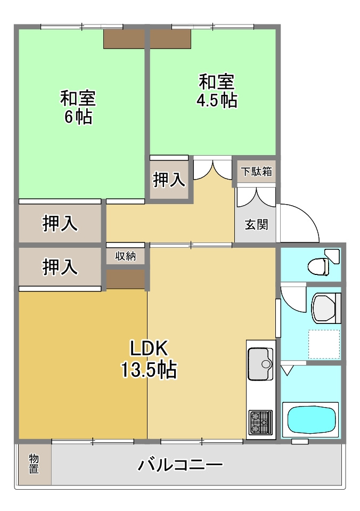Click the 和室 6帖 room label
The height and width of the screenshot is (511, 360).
pyautogui.click(x=77, y=107)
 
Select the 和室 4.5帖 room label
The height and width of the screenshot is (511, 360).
pyautogui.click(x=217, y=91)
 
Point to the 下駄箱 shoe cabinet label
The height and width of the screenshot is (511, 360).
pyautogui.click(x=256, y=172)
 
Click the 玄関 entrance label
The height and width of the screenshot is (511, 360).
pyautogui.click(x=256, y=224)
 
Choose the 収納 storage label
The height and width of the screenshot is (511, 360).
pyautogui.click(x=126, y=256)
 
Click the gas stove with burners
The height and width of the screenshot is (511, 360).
pyautogui.click(x=260, y=423)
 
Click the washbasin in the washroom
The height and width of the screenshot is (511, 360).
pyautogui.click(x=325, y=309)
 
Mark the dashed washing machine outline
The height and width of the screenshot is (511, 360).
pyautogui.click(x=324, y=344)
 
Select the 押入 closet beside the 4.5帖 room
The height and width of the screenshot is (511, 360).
pyautogui.click(x=169, y=180)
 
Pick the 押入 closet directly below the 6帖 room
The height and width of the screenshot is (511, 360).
pyautogui.click(x=60, y=224)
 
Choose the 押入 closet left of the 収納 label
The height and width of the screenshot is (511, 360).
pyautogui.click(x=60, y=266)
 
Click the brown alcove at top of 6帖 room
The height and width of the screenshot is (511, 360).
pyautogui.click(x=124, y=39)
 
